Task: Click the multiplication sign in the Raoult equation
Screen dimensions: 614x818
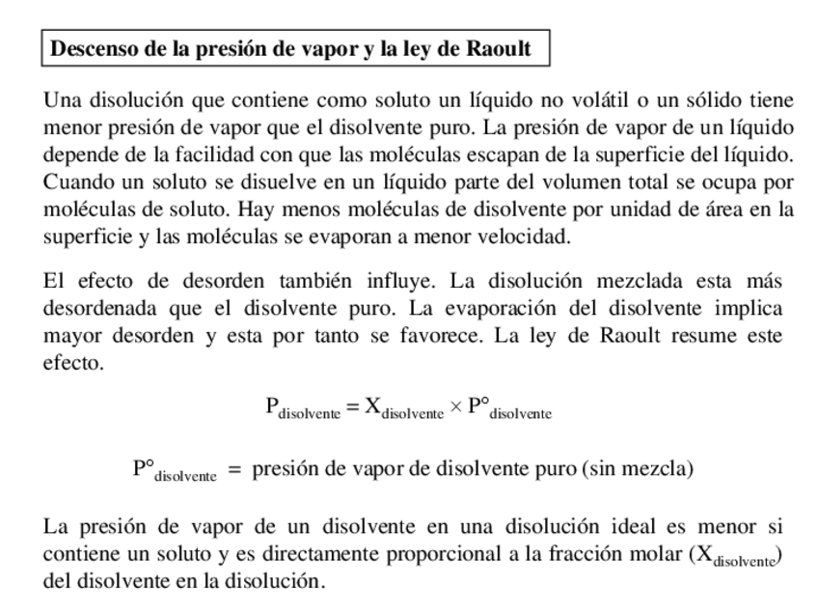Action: click(456, 406)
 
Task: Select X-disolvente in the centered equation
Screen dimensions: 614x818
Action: click(404, 408)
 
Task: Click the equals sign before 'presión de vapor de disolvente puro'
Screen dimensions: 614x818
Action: click(234, 470)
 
